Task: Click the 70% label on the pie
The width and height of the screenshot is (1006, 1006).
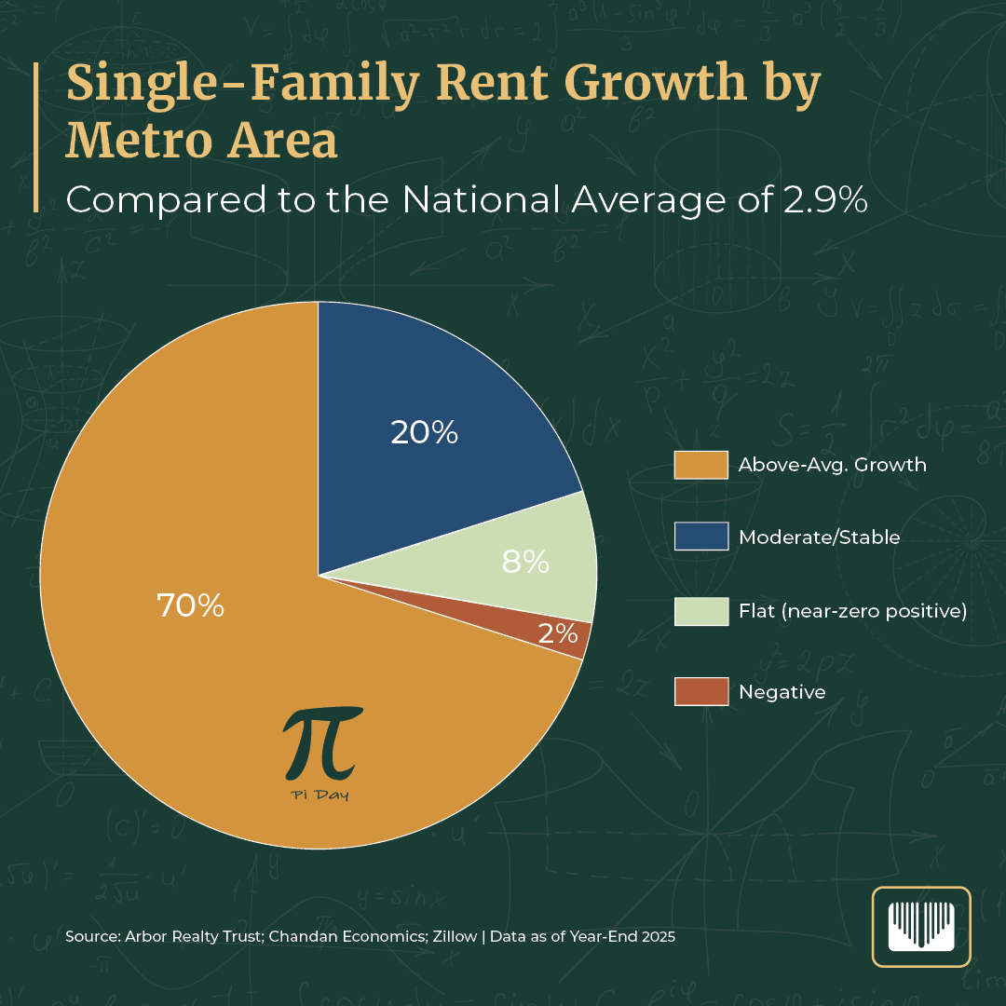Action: pyautogui.click(x=190, y=606)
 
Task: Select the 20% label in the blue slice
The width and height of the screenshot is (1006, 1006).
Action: pyautogui.click(x=424, y=432)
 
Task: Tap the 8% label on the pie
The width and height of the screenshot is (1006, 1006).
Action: pyautogui.click(x=525, y=562)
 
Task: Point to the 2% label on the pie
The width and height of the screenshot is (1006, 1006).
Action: pyautogui.click(x=558, y=633)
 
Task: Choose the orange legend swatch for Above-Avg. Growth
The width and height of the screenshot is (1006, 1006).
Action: pyautogui.click(x=700, y=464)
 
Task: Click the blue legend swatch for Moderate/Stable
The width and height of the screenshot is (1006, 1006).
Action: pyautogui.click(x=700, y=537)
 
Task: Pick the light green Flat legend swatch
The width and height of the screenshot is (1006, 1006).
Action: pyautogui.click(x=700, y=611)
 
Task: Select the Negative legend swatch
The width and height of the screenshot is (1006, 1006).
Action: pyautogui.click(x=700, y=691)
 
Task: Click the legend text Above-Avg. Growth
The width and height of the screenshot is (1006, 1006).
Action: pyautogui.click(x=832, y=464)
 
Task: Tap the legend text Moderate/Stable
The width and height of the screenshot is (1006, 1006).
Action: pyautogui.click(x=819, y=537)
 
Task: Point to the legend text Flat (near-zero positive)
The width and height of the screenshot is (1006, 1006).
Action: pyautogui.click(x=852, y=612)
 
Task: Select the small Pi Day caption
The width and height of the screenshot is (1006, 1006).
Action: pyautogui.click(x=319, y=795)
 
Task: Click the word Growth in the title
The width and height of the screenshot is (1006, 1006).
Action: pyautogui.click(x=658, y=83)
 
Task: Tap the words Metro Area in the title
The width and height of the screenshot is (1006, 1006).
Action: pyautogui.click(x=201, y=141)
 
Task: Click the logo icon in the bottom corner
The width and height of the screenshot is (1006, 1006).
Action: pyautogui.click(x=920, y=927)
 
